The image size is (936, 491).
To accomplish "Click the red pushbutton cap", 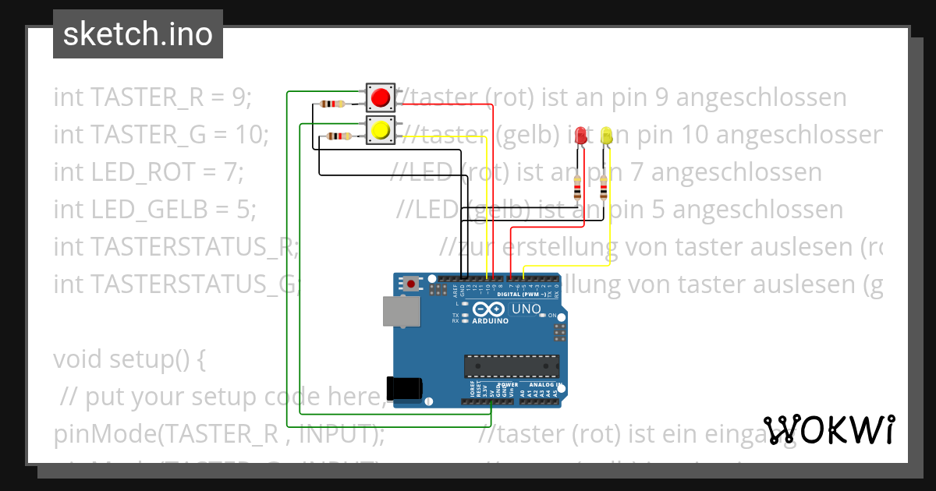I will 381,98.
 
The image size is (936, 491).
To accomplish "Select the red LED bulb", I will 580,136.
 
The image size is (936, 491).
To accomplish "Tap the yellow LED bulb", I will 606,136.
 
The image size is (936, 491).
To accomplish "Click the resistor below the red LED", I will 577,188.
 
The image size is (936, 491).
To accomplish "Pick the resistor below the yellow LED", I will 604,188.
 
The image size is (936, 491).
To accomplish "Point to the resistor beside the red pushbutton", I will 332,104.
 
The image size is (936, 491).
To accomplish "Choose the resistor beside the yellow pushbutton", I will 338,136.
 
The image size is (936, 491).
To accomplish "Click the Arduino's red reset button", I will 411,284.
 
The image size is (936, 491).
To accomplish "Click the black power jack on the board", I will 406,387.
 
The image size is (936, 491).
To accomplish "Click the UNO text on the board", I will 526,310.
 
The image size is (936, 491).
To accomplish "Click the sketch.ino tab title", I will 138,34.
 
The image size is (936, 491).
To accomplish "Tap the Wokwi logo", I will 829,429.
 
